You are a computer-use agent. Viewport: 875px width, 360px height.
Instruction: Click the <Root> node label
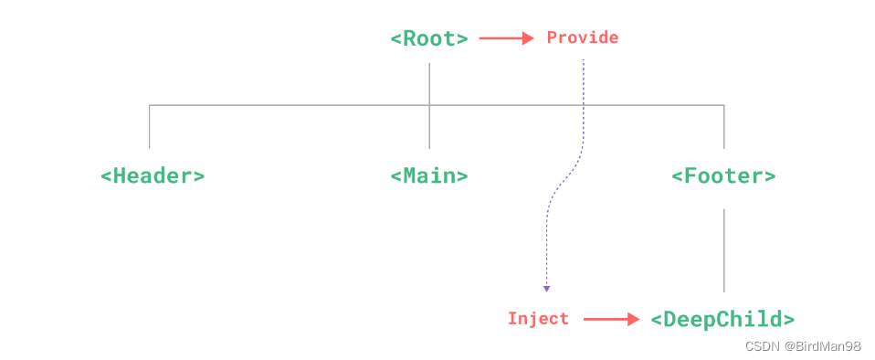tap(429, 38)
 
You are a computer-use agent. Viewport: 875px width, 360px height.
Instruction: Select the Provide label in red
tap(582, 37)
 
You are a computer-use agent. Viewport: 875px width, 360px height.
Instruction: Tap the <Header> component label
tap(153, 175)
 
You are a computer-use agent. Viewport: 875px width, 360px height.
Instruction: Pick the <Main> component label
tap(429, 175)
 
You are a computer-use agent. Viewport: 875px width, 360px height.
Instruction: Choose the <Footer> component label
tap(723, 175)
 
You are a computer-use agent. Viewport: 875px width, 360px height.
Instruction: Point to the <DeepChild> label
tap(722, 319)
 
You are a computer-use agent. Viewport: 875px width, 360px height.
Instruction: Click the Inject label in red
tap(538, 319)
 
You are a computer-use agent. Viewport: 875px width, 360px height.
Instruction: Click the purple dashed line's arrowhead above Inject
tap(546, 289)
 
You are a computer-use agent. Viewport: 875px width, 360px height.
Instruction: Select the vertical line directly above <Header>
tap(150, 127)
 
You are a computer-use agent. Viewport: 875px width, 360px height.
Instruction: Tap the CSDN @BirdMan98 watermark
tap(803, 346)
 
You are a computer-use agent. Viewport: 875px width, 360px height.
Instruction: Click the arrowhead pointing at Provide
tap(528, 38)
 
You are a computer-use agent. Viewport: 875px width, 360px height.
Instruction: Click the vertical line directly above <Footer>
tap(724, 127)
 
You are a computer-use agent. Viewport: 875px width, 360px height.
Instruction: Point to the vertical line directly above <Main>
tap(429, 128)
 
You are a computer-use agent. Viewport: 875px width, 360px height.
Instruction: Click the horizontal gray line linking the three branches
tap(292, 106)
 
